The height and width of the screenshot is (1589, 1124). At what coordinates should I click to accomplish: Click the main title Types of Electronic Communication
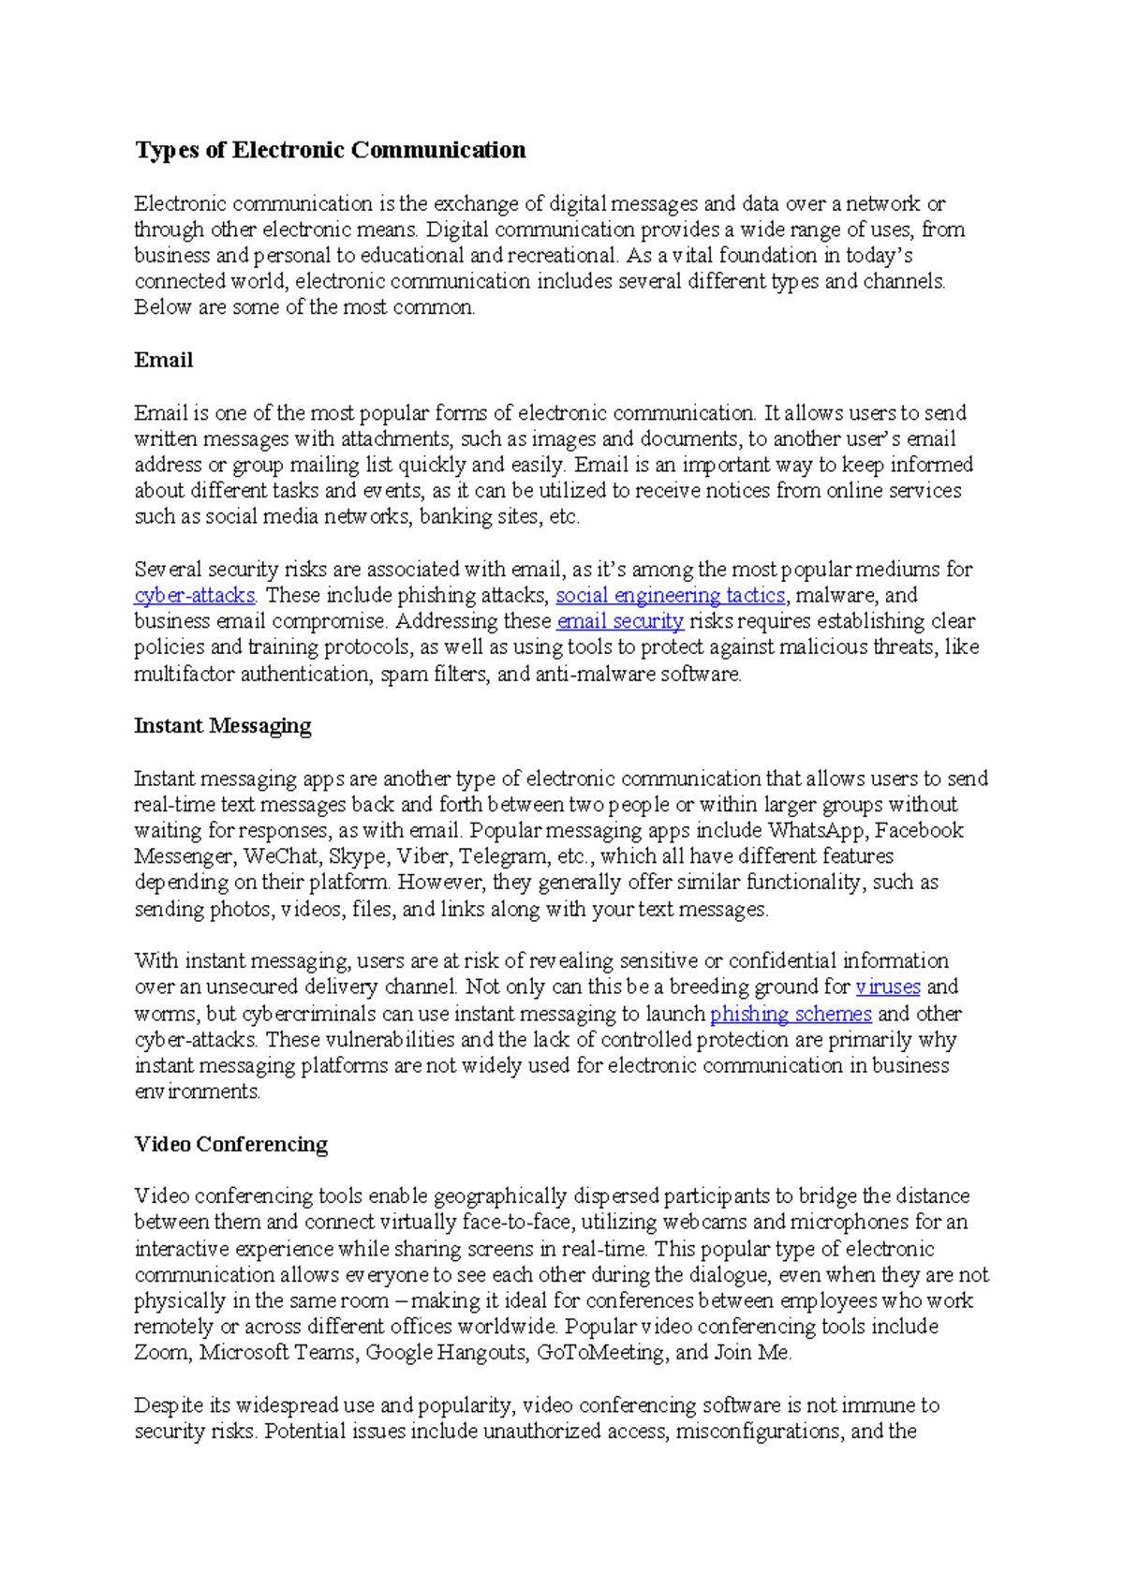click(330, 150)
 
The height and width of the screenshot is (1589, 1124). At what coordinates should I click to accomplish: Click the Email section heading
click(164, 360)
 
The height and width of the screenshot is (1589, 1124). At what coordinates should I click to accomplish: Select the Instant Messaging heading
click(222, 725)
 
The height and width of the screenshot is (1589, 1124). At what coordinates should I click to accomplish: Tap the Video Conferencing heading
click(230, 1144)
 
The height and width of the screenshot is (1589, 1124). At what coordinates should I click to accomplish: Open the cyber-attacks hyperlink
click(194, 595)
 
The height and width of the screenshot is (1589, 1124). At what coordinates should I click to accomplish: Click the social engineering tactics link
click(670, 595)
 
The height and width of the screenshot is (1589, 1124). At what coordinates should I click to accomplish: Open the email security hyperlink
click(620, 621)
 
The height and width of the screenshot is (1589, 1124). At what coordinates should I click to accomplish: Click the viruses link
click(887, 987)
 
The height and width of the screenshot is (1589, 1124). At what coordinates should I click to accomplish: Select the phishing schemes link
click(791, 1014)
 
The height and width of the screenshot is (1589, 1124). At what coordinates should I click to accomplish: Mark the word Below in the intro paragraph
click(162, 307)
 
